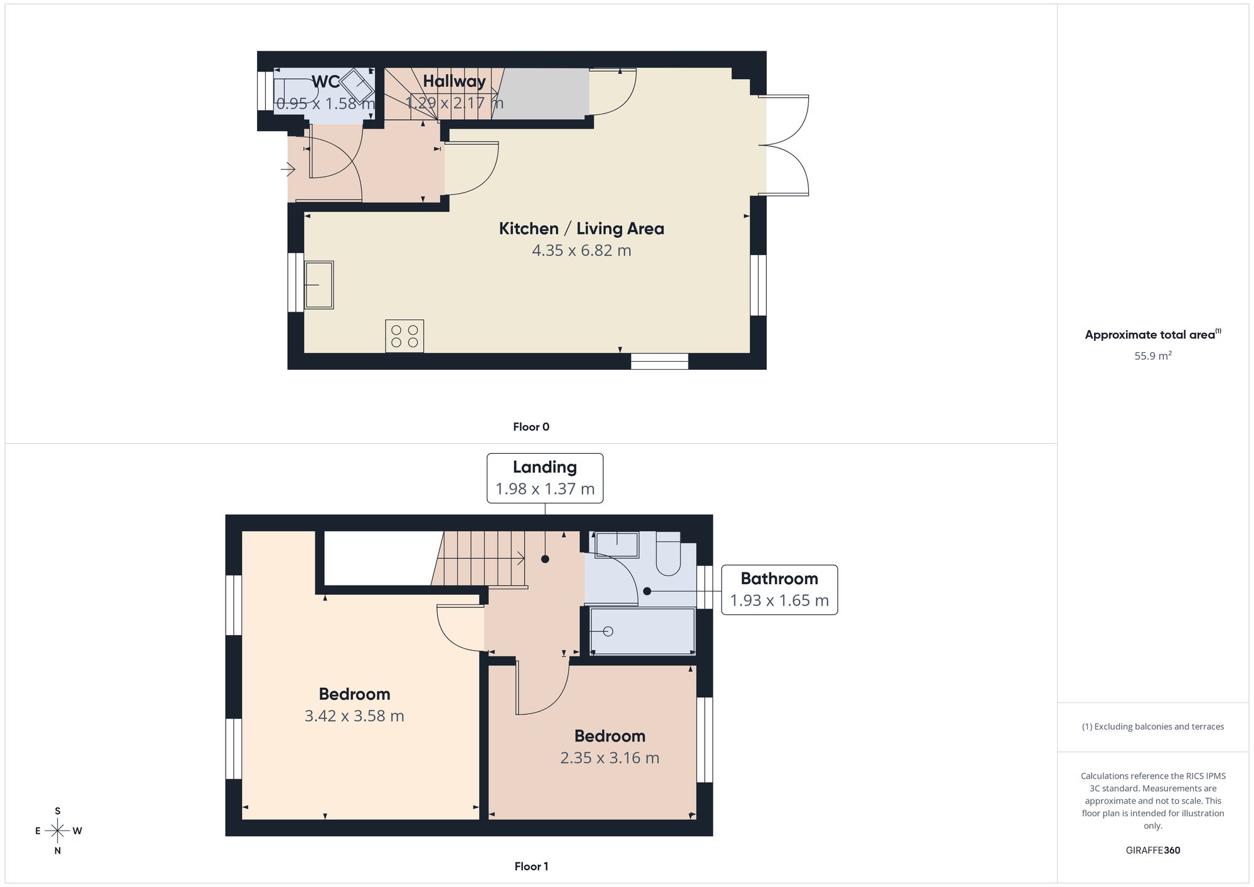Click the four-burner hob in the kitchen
(x=404, y=336)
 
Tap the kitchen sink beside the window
(x=319, y=285)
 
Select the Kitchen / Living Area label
(x=581, y=229)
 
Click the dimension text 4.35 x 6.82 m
(x=581, y=251)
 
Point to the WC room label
(x=325, y=81)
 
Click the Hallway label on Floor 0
(x=454, y=81)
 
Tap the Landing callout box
(x=545, y=478)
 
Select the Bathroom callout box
(x=779, y=590)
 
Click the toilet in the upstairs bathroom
(x=668, y=554)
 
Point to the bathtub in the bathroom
(x=643, y=631)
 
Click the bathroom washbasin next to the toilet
(x=617, y=545)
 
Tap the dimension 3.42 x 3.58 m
(x=354, y=716)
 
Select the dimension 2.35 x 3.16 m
(x=609, y=758)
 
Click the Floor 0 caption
(x=531, y=427)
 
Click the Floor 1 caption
(x=531, y=866)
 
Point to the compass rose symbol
(x=58, y=831)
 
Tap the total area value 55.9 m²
(x=1153, y=356)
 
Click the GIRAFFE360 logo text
(x=1153, y=851)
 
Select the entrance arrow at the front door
(x=288, y=169)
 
